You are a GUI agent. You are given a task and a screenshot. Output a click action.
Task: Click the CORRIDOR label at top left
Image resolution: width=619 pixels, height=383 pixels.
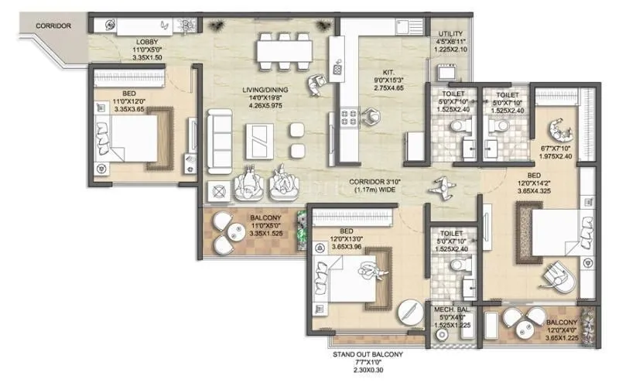click(53, 26)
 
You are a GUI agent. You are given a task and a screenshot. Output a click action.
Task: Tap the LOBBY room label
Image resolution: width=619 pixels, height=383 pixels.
click(149, 41)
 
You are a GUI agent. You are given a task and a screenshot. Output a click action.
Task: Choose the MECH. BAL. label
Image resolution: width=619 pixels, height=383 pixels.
click(450, 309)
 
